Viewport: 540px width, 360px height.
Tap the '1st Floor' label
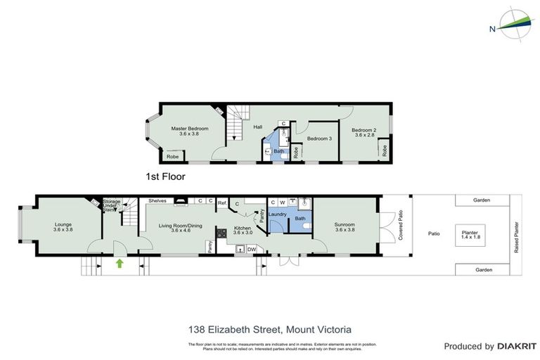[165, 176]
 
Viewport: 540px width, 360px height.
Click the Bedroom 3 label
[319, 139]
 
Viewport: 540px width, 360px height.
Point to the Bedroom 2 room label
[364, 132]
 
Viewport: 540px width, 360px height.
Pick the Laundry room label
[278, 214]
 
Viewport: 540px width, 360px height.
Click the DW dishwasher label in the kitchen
[251, 248]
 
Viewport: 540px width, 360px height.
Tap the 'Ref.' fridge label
[221, 203]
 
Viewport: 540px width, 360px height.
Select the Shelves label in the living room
[157, 201]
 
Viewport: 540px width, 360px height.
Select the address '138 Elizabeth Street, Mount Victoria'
[270, 329]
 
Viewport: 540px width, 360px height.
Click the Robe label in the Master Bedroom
[173, 157]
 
